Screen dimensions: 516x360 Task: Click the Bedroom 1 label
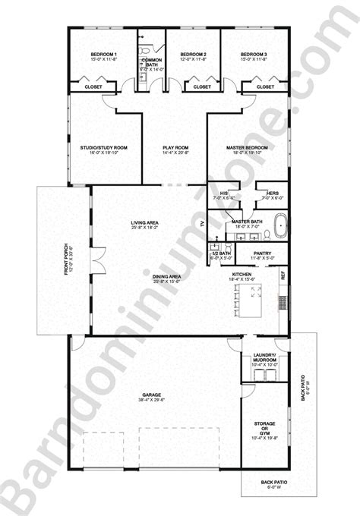point(104,55)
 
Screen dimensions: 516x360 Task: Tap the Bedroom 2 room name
point(194,55)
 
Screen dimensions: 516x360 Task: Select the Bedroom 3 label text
point(253,55)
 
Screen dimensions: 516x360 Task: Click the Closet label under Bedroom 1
point(93,87)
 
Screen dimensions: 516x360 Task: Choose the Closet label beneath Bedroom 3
point(265,87)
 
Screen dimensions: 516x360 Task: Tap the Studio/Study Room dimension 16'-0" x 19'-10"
point(104,153)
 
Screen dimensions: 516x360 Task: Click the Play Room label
point(175,147)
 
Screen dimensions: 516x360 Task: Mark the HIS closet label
point(224,193)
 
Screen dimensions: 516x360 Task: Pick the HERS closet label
point(270,193)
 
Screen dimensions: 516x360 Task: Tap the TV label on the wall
point(202,224)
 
